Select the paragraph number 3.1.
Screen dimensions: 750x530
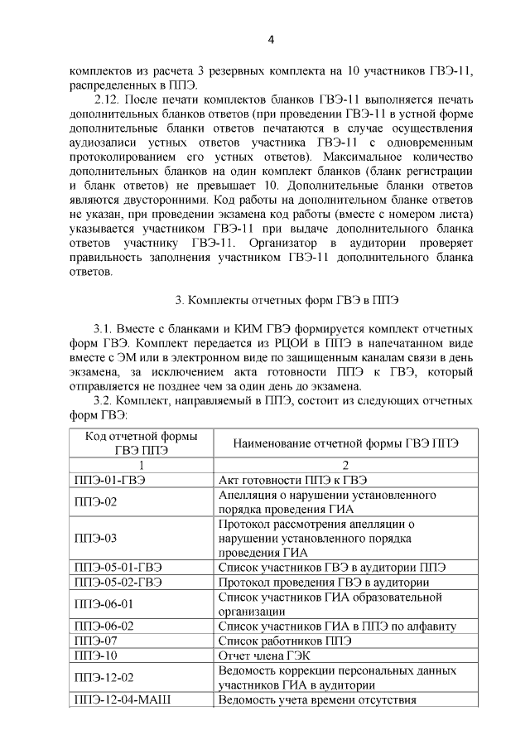click(x=105, y=329)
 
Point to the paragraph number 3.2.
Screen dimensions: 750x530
click(x=105, y=401)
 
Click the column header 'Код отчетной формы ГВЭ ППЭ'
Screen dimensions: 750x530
click(x=137, y=443)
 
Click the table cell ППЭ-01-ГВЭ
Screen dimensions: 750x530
click(x=109, y=480)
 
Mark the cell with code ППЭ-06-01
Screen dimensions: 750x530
click(x=104, y=604)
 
